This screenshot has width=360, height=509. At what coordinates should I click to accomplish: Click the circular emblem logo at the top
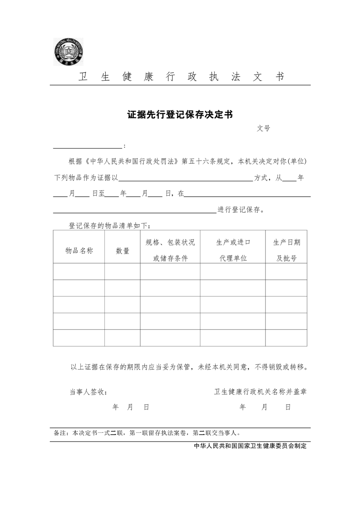click(x=69, y=51)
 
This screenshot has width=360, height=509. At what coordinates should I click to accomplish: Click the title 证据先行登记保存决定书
click(x=180, y=115)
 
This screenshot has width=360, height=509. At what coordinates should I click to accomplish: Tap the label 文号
click(x=263, y=128)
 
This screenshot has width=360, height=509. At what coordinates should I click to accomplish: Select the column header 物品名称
click(x=79, y=250)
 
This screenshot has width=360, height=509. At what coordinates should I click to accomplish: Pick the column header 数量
click(x=123, y=250)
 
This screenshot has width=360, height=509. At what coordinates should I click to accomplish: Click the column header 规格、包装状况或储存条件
click(x=170, y=250)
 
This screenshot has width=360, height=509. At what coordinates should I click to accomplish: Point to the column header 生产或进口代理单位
click(x=233, y=250)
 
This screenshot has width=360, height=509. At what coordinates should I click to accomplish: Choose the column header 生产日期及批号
click(x=286, y=250)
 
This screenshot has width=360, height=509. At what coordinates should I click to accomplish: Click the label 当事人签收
click(x=88, y=392)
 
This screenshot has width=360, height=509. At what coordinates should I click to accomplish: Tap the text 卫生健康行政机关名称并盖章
click(x=260, y=392)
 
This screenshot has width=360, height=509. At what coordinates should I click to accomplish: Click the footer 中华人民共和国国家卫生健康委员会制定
click(x=250, y=446)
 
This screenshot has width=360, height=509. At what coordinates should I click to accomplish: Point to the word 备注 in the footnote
click(x=60, y=433)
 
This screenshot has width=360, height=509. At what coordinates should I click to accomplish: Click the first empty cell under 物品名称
click(x=79, y=271)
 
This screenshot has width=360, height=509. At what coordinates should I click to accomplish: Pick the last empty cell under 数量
click(x=123, y=338)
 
